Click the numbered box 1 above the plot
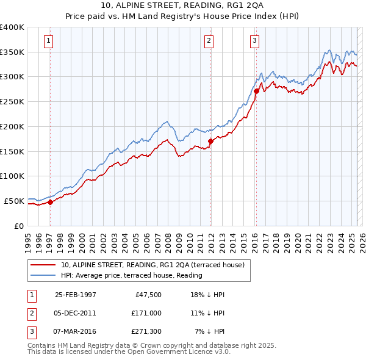(48, 41)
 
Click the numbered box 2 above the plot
(209, 41)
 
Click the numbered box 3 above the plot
(254, 41)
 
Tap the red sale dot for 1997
(50, 203)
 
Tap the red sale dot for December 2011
(210, 141)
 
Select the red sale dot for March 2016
(256, 92)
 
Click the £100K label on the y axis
(12, 176)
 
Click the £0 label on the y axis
(18, 226)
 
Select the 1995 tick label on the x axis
(28, 240)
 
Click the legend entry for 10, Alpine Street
(152, 265)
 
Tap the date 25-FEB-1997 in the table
(76, 295)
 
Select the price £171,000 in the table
(146, 314)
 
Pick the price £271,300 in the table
(146, 333)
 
